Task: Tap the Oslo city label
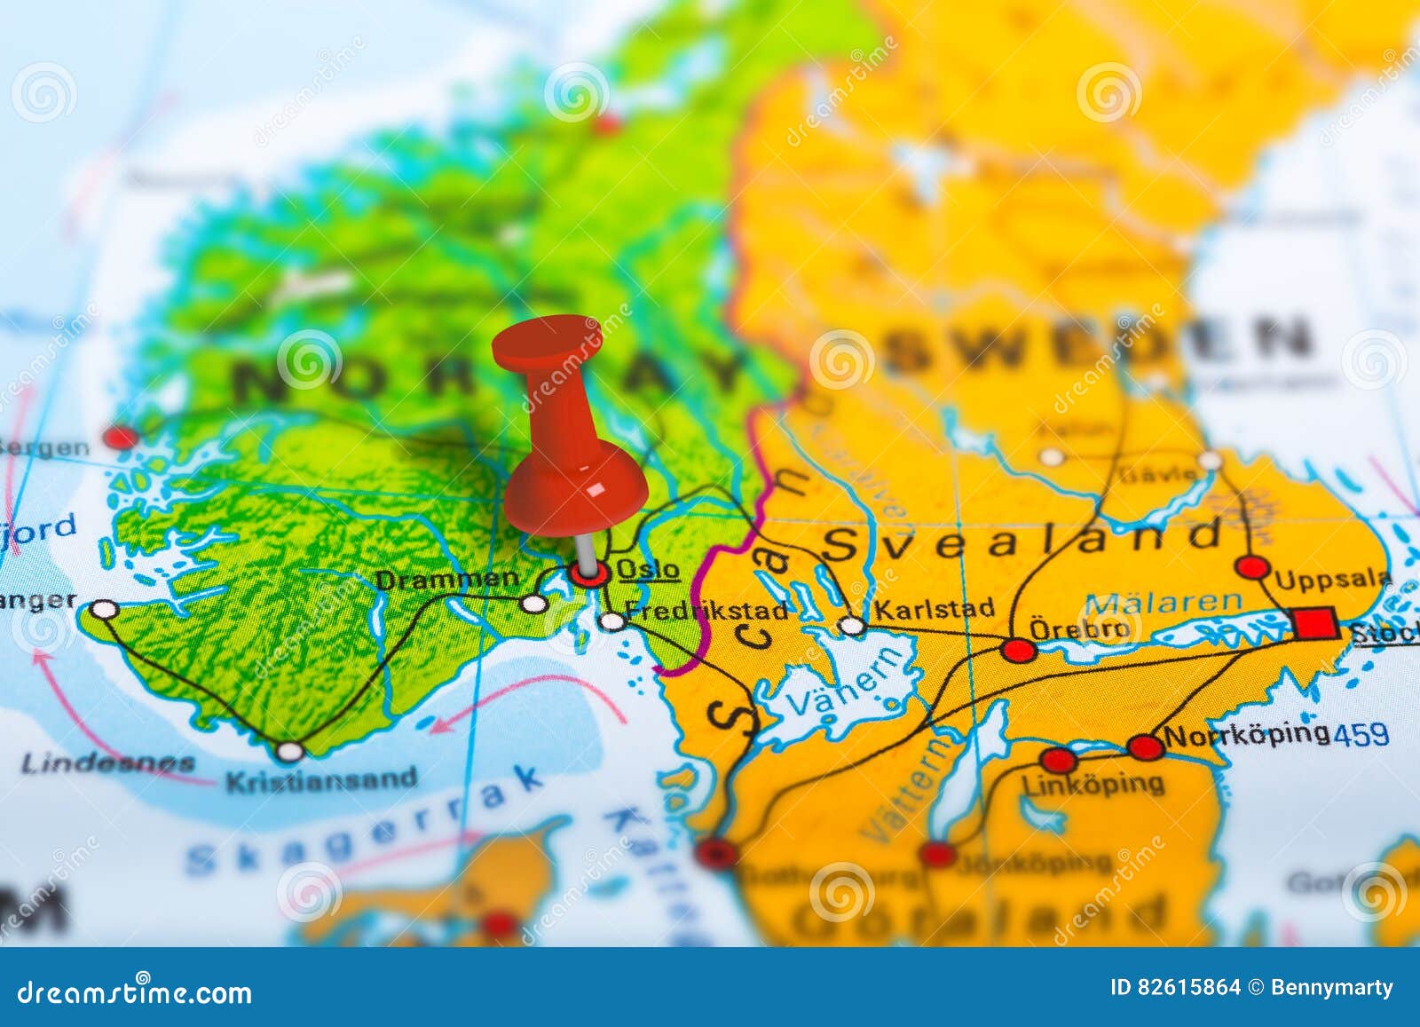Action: coord(648,569)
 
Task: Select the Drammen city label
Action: coord(447,580)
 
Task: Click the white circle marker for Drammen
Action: coord(532,604)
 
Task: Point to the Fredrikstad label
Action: coord(706,611)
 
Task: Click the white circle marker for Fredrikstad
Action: coord(611,621)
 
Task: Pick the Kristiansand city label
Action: coord(321,781)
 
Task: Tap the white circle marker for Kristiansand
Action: coord(289,752)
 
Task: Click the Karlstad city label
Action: coord(934,609)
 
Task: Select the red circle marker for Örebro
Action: coord(1018,651)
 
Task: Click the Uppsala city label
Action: coord(1333,580)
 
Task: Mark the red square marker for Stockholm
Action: coord(1315,623)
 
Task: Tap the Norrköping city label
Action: coord(1247,735)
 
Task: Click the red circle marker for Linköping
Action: coord(1058,761)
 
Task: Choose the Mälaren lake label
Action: coord(1164,603)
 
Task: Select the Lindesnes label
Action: coord(107,762)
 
